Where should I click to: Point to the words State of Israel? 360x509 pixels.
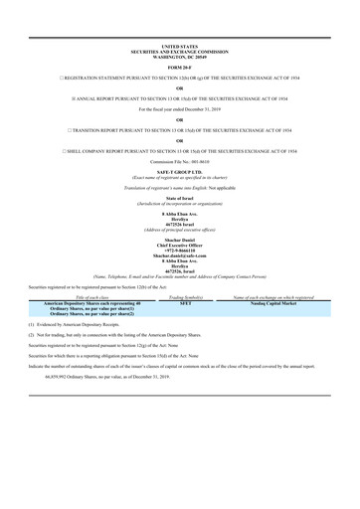(x=180, y=199)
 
